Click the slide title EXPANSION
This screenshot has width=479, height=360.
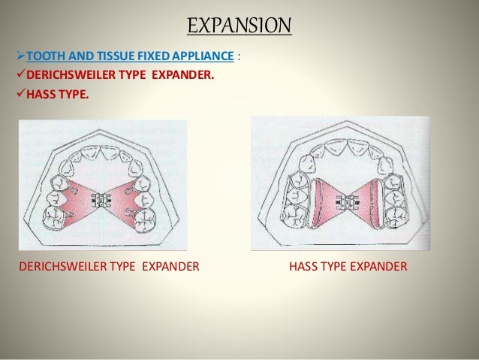[x=239, y=27]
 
